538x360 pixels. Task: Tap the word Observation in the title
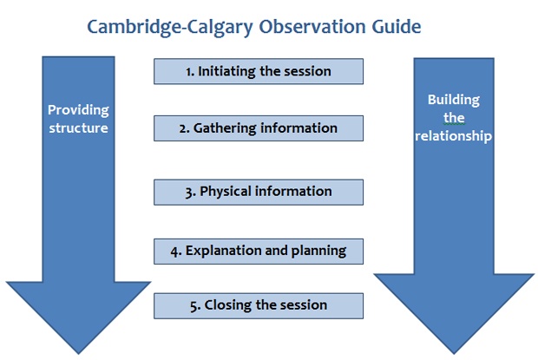[312, 26]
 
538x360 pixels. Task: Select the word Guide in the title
[397, 26]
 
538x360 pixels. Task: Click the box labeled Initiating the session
[259, 71]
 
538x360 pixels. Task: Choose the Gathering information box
[259, 128]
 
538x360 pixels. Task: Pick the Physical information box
[259, 192]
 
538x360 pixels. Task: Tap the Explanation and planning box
[259, 252]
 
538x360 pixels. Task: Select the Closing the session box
[259, 306]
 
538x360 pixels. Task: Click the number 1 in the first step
[189, 72]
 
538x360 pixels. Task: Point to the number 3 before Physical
[189, 192]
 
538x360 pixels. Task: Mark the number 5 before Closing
[194, 306]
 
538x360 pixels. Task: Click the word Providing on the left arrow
[78, 110]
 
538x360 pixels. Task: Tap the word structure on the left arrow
[78, 128]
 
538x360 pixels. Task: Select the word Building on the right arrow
[454, 100]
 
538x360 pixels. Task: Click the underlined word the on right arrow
[454, 118]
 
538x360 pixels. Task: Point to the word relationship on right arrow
[453, 136]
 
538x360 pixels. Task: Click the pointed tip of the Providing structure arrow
[78, 354]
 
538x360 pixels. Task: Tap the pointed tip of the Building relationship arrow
[454, 354]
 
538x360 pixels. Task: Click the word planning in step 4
[318, 252]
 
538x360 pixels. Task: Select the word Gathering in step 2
[225, 128]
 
